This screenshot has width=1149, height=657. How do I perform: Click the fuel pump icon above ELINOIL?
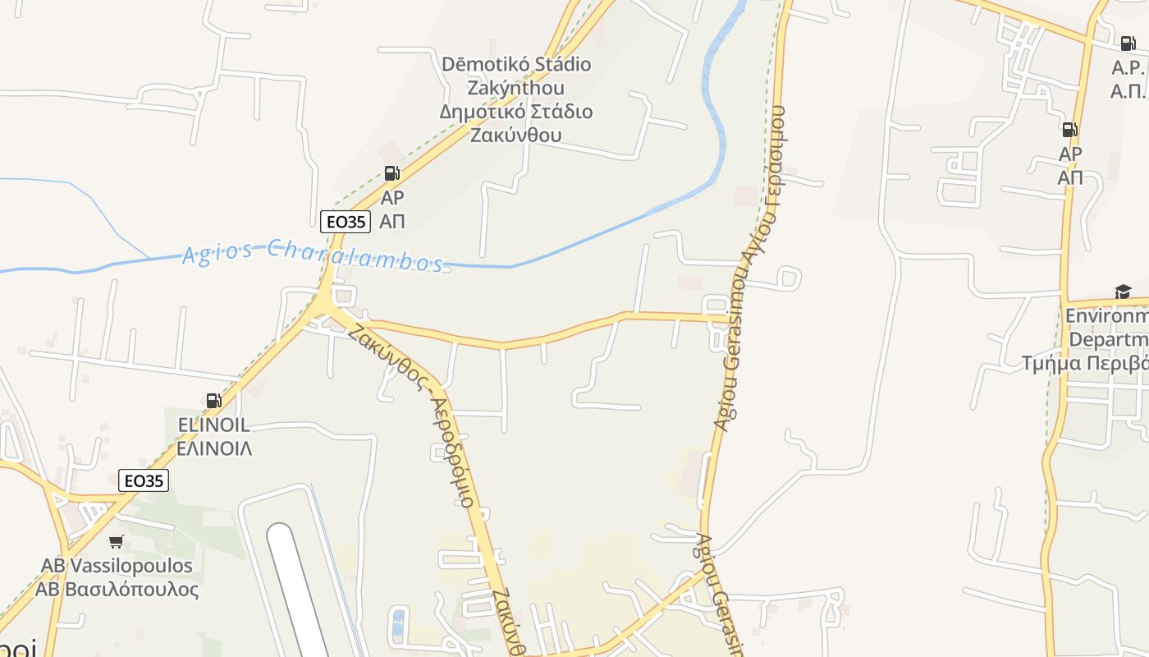coord(213,401)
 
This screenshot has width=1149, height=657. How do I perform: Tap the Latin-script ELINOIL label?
coord(214,425)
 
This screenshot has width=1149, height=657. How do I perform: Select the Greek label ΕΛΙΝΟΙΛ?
coord(214,448)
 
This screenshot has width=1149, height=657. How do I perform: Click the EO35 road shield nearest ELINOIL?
coord(144,480)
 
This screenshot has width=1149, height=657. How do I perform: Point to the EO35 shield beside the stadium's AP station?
coord(345,221)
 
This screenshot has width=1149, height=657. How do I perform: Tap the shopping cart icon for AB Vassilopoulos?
coord(116,542)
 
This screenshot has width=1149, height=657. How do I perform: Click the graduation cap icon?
coord(1122,292)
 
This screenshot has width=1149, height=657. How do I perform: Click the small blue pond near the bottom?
coord(398,622)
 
